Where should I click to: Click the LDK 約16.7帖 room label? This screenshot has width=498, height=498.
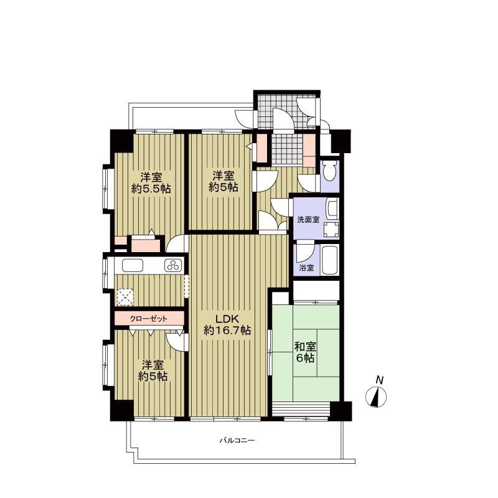coord(227,324)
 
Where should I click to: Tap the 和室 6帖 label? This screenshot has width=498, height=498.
coord(305,352)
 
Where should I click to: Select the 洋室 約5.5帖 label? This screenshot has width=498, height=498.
coord(151,182)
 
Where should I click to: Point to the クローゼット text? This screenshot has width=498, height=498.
coord(148,319)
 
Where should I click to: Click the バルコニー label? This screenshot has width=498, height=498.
coord(237,441)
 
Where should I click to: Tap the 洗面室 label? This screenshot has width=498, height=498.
coord(308,220)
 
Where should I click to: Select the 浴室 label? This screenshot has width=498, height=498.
coord(306,268)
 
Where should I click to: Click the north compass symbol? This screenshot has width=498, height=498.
coord(376,397)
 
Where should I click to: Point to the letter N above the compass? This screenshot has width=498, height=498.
coord(379,380)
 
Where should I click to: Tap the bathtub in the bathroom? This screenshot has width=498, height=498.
coord(330,261)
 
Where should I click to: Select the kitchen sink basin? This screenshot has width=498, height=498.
coord(133,266)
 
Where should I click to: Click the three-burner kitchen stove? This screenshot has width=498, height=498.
coord(174,266)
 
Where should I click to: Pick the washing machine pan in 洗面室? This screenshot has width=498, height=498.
coord(331,230)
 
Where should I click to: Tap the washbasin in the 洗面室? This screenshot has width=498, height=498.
coord(332,208)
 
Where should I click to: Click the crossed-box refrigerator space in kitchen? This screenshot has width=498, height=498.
coord(126,297)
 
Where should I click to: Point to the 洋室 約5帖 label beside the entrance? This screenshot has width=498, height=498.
coord(223,181)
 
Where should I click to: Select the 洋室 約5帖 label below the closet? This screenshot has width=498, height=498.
coord(153,370)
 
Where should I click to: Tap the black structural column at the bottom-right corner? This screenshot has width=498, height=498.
coord(341,411)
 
